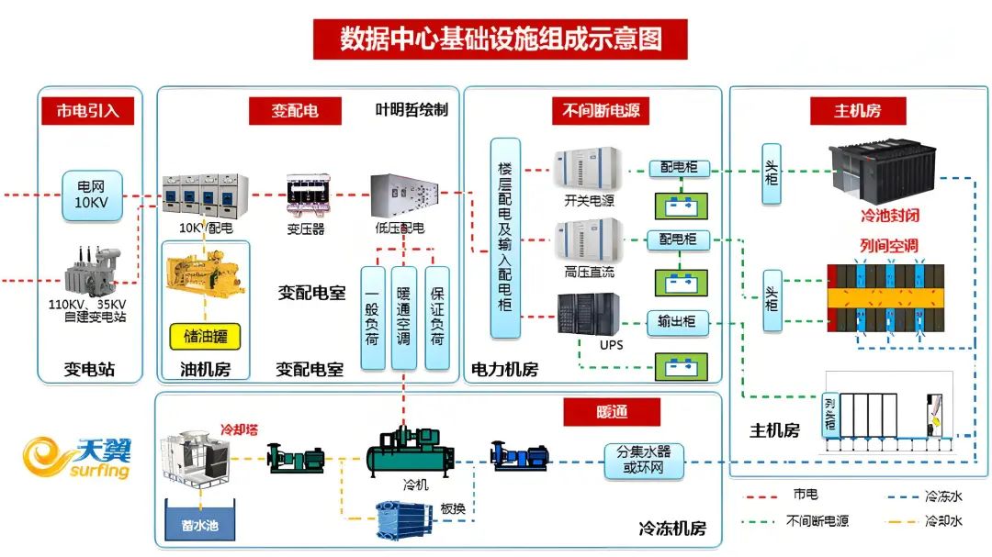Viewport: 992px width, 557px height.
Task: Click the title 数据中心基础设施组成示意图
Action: click(x=500, y=39)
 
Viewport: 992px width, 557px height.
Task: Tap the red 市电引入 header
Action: click(x=88, y=111)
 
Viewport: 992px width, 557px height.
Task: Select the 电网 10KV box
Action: click(x=92, y=195)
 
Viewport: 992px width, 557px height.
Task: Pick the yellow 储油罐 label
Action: click(x=204, y=337)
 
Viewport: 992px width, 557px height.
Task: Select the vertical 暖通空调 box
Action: click(x=404, y=317)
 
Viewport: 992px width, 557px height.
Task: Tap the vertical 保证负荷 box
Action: click(x=436, y=317)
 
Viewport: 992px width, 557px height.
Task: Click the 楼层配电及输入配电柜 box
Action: click(x=505, y=238)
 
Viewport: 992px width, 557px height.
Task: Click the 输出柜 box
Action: click(x=678, y=322)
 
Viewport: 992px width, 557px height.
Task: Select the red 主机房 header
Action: click(x=857, y=111)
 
